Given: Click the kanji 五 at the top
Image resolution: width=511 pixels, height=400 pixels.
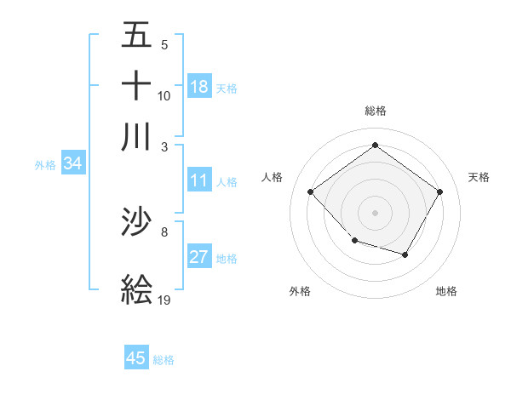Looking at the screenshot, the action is tap(136, 36).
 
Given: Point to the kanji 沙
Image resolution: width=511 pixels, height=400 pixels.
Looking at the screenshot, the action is tap(136, 223).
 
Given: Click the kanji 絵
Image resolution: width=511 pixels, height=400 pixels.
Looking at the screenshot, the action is tap(136, 289).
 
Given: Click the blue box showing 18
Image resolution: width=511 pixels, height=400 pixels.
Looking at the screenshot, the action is tap(199, 86).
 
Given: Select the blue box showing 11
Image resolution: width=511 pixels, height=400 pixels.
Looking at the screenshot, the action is tap(199, 180).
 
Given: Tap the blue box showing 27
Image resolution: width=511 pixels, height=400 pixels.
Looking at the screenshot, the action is tap(199, 257).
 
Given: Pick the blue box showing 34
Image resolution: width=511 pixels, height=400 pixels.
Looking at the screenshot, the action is tap(72, 164).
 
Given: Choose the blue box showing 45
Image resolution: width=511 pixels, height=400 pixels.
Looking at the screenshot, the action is tap(136, 358).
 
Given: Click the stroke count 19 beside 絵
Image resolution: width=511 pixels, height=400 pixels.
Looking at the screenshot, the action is tap(164, 300).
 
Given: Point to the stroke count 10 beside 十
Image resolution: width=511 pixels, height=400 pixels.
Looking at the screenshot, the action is tap(164, 95).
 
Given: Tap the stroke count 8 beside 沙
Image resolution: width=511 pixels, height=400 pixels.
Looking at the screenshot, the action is tap(164, 231).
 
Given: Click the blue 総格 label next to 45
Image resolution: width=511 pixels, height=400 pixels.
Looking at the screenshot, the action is tap(164, 360).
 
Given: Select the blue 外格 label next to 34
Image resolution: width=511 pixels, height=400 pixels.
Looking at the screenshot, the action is tap(45, 165).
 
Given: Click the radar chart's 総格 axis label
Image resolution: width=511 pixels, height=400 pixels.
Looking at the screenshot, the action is tap(375, 111).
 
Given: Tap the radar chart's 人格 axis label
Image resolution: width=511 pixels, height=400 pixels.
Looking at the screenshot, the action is tap(273, 177).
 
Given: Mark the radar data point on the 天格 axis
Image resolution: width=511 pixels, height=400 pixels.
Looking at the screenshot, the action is tap(439, 192).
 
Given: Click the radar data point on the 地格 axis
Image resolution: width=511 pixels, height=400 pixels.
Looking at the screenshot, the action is tap(405, 254).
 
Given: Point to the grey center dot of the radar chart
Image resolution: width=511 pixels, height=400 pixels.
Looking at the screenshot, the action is tap(375, 212).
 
